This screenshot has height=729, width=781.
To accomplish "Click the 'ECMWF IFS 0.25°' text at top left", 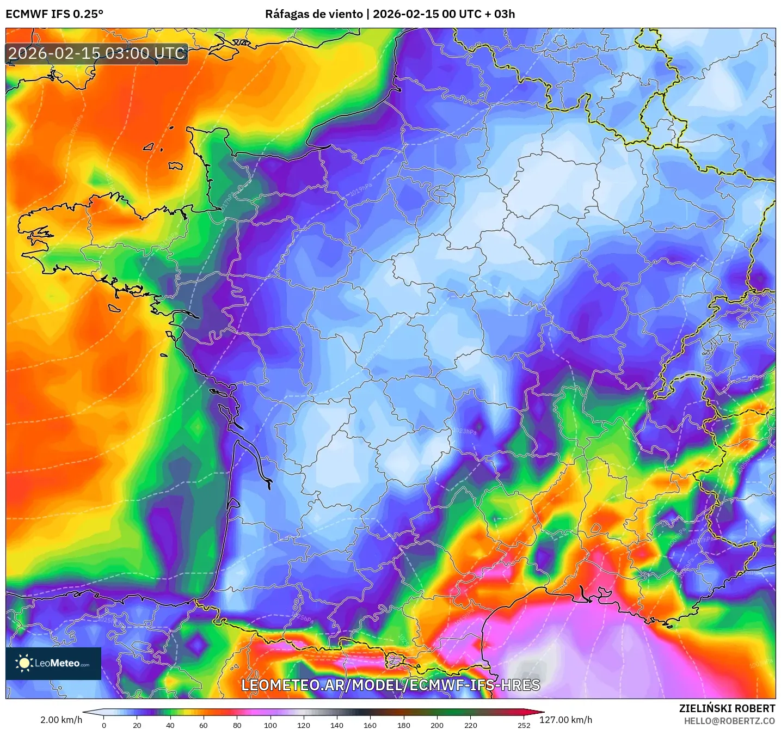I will [54, 14].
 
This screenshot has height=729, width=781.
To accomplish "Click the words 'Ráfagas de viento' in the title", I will [313, 14].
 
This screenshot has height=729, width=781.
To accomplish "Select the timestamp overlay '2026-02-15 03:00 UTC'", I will [97, 54].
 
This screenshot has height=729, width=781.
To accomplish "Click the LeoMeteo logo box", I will [53, 663].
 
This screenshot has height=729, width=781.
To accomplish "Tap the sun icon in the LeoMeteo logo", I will [24, 663].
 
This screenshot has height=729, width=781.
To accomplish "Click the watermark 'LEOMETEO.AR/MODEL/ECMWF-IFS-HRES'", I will [390, 685].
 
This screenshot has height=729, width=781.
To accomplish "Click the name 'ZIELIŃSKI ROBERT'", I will [727, 708].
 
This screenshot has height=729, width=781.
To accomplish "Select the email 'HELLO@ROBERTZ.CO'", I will [729, 721].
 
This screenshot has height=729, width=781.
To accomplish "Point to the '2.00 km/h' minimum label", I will [61, 720].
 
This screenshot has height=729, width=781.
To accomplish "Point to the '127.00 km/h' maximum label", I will [565, 720].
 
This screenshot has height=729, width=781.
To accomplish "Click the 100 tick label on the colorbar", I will [270, 725].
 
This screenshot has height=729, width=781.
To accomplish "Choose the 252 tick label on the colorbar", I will [524, 725].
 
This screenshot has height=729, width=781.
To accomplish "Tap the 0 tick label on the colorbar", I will [104, 725].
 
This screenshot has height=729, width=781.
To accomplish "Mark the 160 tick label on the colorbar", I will [370, 725].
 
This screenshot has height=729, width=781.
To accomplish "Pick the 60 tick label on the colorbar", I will [204, 725].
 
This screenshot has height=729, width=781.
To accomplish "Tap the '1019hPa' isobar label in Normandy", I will [360, 190].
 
